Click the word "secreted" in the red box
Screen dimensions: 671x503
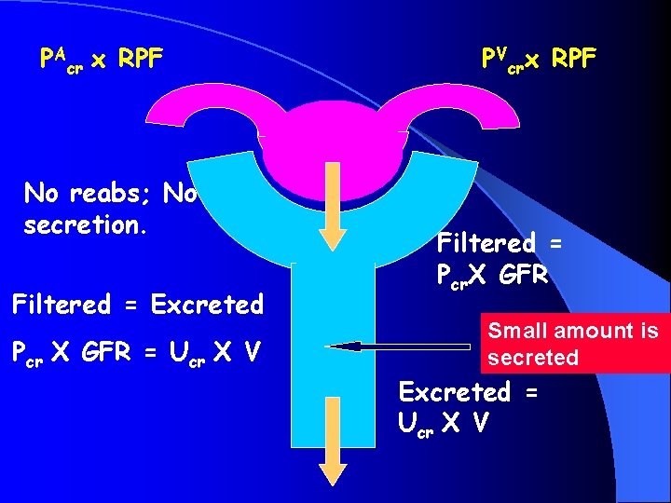(x=533, y=358)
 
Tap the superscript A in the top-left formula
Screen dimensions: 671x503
(x=59, y=52)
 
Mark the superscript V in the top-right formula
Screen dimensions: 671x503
(x=502, y=52)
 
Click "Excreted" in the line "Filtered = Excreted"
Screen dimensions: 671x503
(x=207, y=305)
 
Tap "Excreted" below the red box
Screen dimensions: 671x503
(x=454, y=392)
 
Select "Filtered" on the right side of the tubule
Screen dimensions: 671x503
(x=486, y=244)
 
